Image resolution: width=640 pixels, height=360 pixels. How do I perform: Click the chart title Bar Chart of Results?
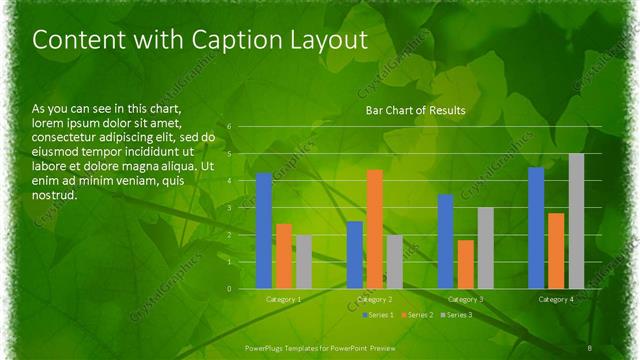[416, 110]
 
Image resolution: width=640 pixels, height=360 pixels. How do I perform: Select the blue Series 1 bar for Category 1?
[264, 231]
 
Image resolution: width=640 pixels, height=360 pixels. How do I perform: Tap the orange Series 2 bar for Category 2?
[375, 229]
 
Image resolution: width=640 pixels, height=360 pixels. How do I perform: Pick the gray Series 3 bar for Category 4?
[576, 221]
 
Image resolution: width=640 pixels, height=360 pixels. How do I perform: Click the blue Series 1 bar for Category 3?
[446, 241]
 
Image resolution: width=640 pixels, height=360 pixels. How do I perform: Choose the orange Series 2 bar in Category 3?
[466, 264]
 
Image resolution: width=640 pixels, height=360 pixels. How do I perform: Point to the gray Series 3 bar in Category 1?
[304, 262]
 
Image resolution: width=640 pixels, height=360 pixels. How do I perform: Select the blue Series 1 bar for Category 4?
[536, 228]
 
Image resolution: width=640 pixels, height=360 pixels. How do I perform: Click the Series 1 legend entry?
[377, 315]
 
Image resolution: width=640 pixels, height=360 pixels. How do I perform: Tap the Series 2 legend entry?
[417, 315]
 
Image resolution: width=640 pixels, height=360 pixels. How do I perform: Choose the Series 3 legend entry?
[456, 315]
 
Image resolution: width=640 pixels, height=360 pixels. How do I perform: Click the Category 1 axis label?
[284, 299]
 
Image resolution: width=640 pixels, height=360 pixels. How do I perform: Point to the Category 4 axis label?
[556, 299]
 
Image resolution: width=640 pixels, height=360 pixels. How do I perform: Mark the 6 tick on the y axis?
[229, 127]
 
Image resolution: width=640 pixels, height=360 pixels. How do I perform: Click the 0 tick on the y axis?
[229, 289]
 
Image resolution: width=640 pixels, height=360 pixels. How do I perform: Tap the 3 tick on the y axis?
[229, 208]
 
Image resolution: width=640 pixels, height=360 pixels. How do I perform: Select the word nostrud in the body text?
[54, 196]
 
